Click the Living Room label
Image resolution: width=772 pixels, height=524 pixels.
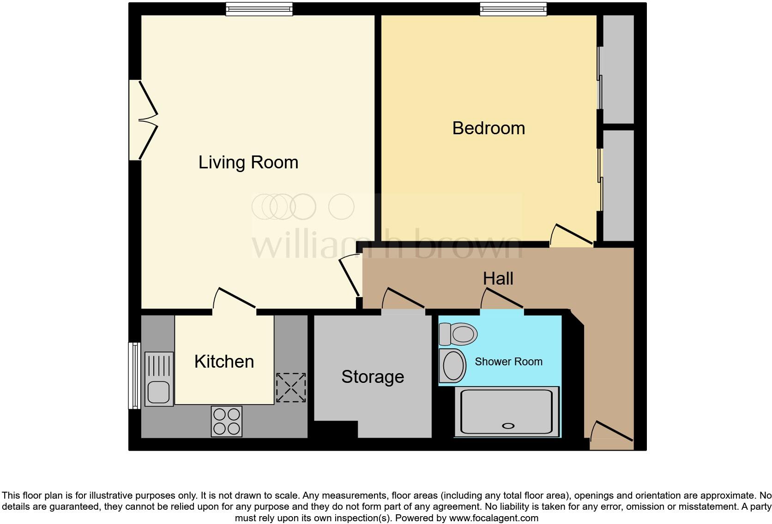(x=248, y=162)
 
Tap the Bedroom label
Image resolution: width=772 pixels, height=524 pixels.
(x=489, y=128)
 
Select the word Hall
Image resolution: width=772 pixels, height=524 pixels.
(x=498, y=279)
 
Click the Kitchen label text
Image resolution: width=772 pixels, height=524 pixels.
(x=224, y=362)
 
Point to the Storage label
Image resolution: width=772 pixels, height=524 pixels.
(x=373, y=377)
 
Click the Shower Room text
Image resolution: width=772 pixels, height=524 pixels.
(x=508, y=362)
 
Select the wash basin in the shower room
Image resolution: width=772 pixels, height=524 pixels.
(x=453, y=366)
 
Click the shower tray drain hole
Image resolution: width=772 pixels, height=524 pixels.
(x=508, y=426)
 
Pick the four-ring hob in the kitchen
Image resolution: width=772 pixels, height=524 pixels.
(x=226, y=421)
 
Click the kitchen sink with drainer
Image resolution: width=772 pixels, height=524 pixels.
(x=159, y=379)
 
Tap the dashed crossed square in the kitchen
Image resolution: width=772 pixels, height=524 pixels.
(x=291, y=388)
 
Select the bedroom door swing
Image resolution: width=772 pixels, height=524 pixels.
(x=571, y=235)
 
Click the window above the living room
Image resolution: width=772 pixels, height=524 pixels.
(x=259, y=9)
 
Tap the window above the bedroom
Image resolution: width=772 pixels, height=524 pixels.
(x=513, y=9)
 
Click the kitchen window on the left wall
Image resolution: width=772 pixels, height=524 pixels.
(x=134, y=375)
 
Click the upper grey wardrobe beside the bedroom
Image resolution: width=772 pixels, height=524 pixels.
(x=618, y=69)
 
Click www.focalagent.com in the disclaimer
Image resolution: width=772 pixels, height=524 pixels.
(x=493, y=518)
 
